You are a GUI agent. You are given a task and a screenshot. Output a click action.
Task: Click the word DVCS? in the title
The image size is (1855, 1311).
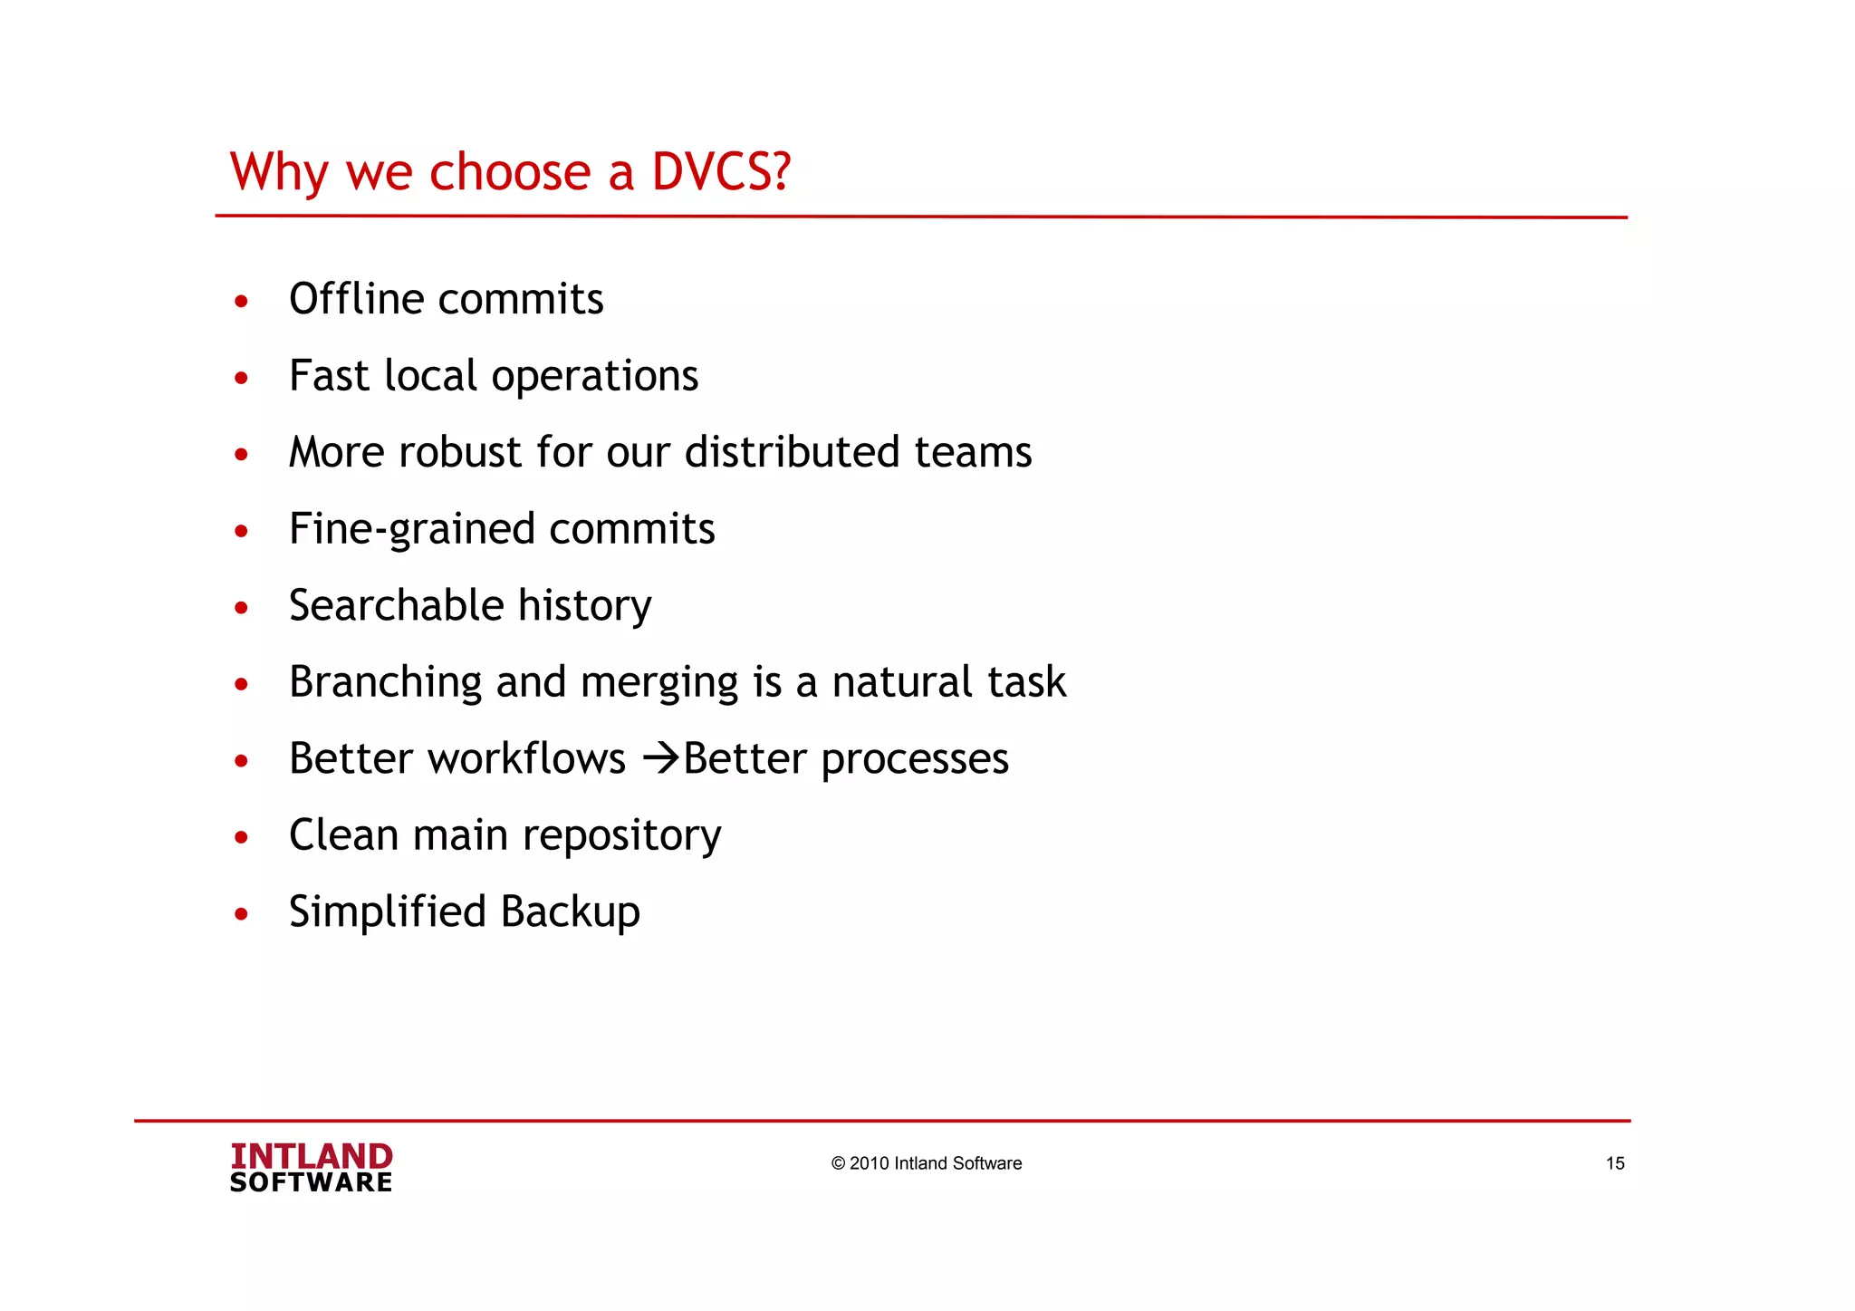pyautogui.click(x=721, y=171)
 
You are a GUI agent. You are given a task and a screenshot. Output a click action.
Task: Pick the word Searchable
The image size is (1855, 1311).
pyautogui.click(x=396, y=605)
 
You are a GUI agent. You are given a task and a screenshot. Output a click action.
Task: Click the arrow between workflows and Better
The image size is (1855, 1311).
pyautogui.click(x=660, y=758)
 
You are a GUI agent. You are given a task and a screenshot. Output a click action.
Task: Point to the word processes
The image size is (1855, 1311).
pyautogui.click(x=914, y=760)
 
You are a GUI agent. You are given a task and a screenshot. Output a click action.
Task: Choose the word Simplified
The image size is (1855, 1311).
pyautogui.click(x=388, y=912)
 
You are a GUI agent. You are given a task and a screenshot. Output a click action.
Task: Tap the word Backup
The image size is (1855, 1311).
pyautogui.click(x=570, y=912)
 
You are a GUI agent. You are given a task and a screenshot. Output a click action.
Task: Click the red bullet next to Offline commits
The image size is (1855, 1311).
pyautogui.click(x=241, y=302)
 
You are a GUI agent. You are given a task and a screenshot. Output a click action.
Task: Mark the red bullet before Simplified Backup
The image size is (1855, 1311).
pyautogui.click(x=241, y=914)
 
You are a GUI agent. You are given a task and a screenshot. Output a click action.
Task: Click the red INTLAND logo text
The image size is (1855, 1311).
pyautogui.click(x=311, y=1156)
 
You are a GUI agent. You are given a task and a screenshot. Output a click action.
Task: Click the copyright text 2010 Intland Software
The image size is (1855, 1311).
pyautogui.click(x=926, y=1163)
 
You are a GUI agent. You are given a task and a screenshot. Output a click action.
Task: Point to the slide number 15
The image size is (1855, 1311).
pyautogui.click(x=1615, y=1163)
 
